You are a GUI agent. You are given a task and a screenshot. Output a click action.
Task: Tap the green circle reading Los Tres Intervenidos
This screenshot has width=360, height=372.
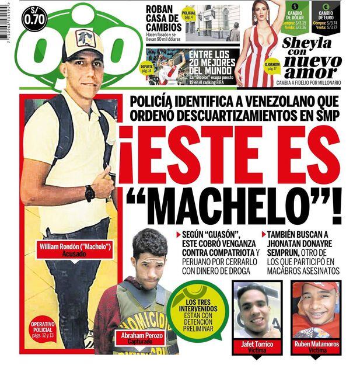[x=198, y=314]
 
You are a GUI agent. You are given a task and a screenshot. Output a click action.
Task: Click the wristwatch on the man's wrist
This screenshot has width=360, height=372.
[x=90, y=193]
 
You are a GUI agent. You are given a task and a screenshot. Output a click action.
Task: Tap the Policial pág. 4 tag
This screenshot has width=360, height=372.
[x=189, y=15]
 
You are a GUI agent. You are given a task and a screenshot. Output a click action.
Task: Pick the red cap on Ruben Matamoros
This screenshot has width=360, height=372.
[x=315, y=288]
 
